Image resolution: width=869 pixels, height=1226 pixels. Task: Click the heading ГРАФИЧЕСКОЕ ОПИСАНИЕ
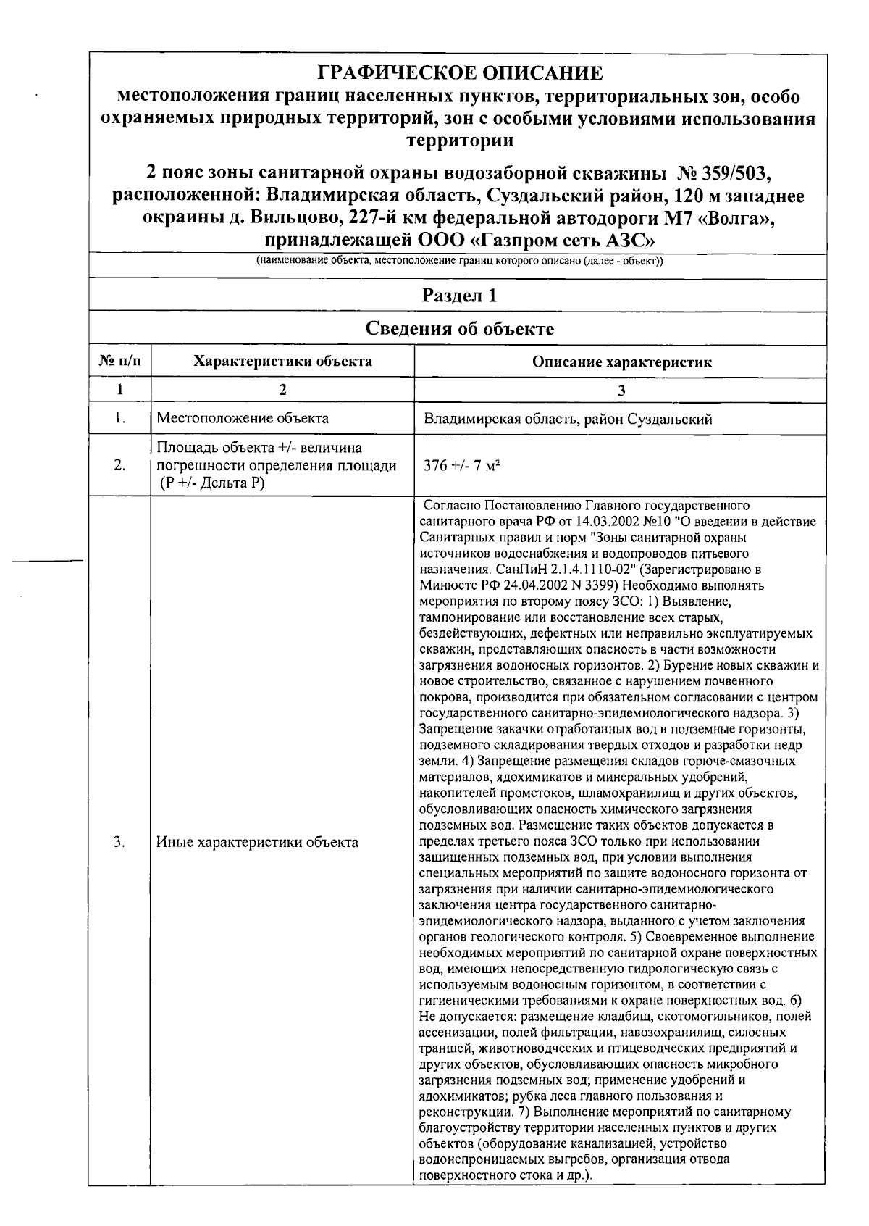click(460, 73)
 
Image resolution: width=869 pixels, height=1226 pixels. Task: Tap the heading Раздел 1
click(459, 296)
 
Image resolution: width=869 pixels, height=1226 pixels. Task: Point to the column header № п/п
click(119, 362)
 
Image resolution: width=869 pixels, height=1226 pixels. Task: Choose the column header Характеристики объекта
click(282, 362)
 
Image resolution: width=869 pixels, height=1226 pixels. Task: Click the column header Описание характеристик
click(621, 362)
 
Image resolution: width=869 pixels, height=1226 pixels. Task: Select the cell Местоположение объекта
click(243, 418)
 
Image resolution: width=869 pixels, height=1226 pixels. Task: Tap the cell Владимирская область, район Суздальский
click(568, 419)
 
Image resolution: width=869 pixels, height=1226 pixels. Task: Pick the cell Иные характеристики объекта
click(258, 842)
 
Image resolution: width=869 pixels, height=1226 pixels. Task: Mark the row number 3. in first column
click(119, 842)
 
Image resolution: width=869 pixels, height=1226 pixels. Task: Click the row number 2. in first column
click(119, 465)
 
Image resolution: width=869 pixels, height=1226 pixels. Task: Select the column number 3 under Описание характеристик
click(621, 390)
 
